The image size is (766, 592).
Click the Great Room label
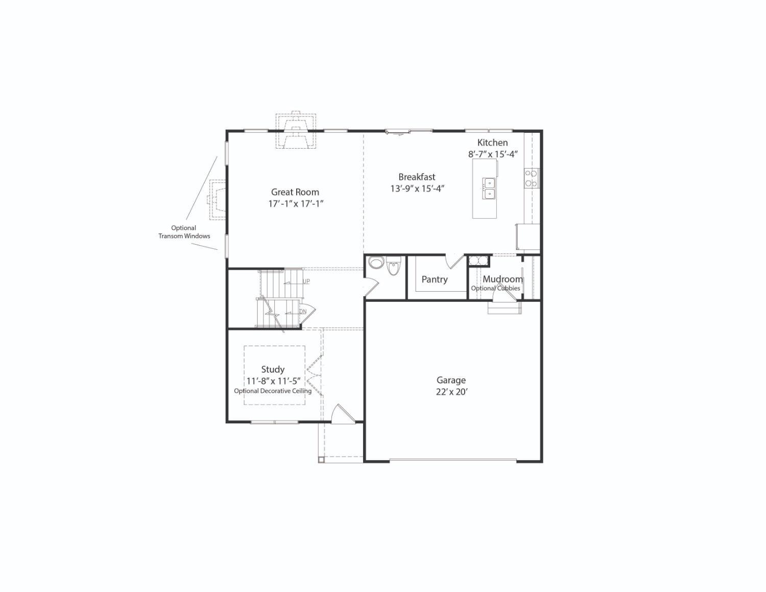tap(295, 192)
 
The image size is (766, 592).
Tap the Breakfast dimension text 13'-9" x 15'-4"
tap(417, 188)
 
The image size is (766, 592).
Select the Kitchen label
tap(492, 143)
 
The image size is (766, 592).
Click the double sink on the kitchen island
tap(489, 188)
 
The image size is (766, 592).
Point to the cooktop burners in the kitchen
tap(531, 178)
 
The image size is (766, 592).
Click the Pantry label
tap(434, 279)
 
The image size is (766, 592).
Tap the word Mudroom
tap(502, 279)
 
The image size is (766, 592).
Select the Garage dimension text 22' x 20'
tap(451, 392)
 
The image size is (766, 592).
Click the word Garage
tap(451, 380)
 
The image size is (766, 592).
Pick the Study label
tap(273, 369)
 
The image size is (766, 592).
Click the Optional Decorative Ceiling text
tap(273, 391)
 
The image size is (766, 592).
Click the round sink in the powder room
tap(376, 263)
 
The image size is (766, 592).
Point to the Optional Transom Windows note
tap(184, 232)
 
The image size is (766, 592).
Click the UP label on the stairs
tap(306, 281)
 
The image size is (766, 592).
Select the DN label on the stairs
tap(302, 312)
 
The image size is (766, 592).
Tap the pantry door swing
tap(454, 261)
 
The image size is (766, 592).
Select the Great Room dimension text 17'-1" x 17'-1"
tap(296, 204)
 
